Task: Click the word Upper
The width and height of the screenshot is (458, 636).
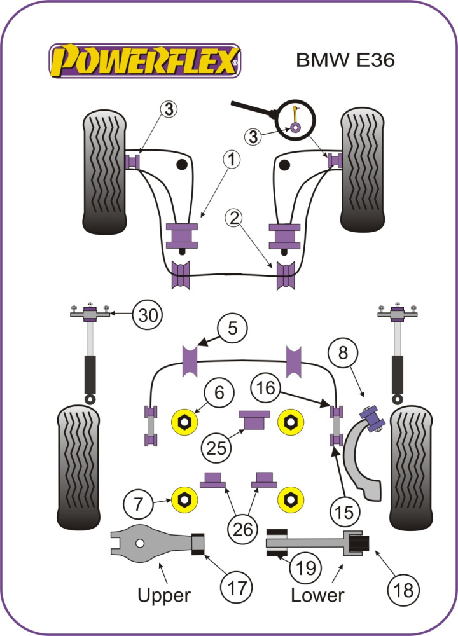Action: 164,595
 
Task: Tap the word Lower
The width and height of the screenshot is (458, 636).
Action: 317,595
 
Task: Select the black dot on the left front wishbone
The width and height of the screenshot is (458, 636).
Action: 183,165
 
